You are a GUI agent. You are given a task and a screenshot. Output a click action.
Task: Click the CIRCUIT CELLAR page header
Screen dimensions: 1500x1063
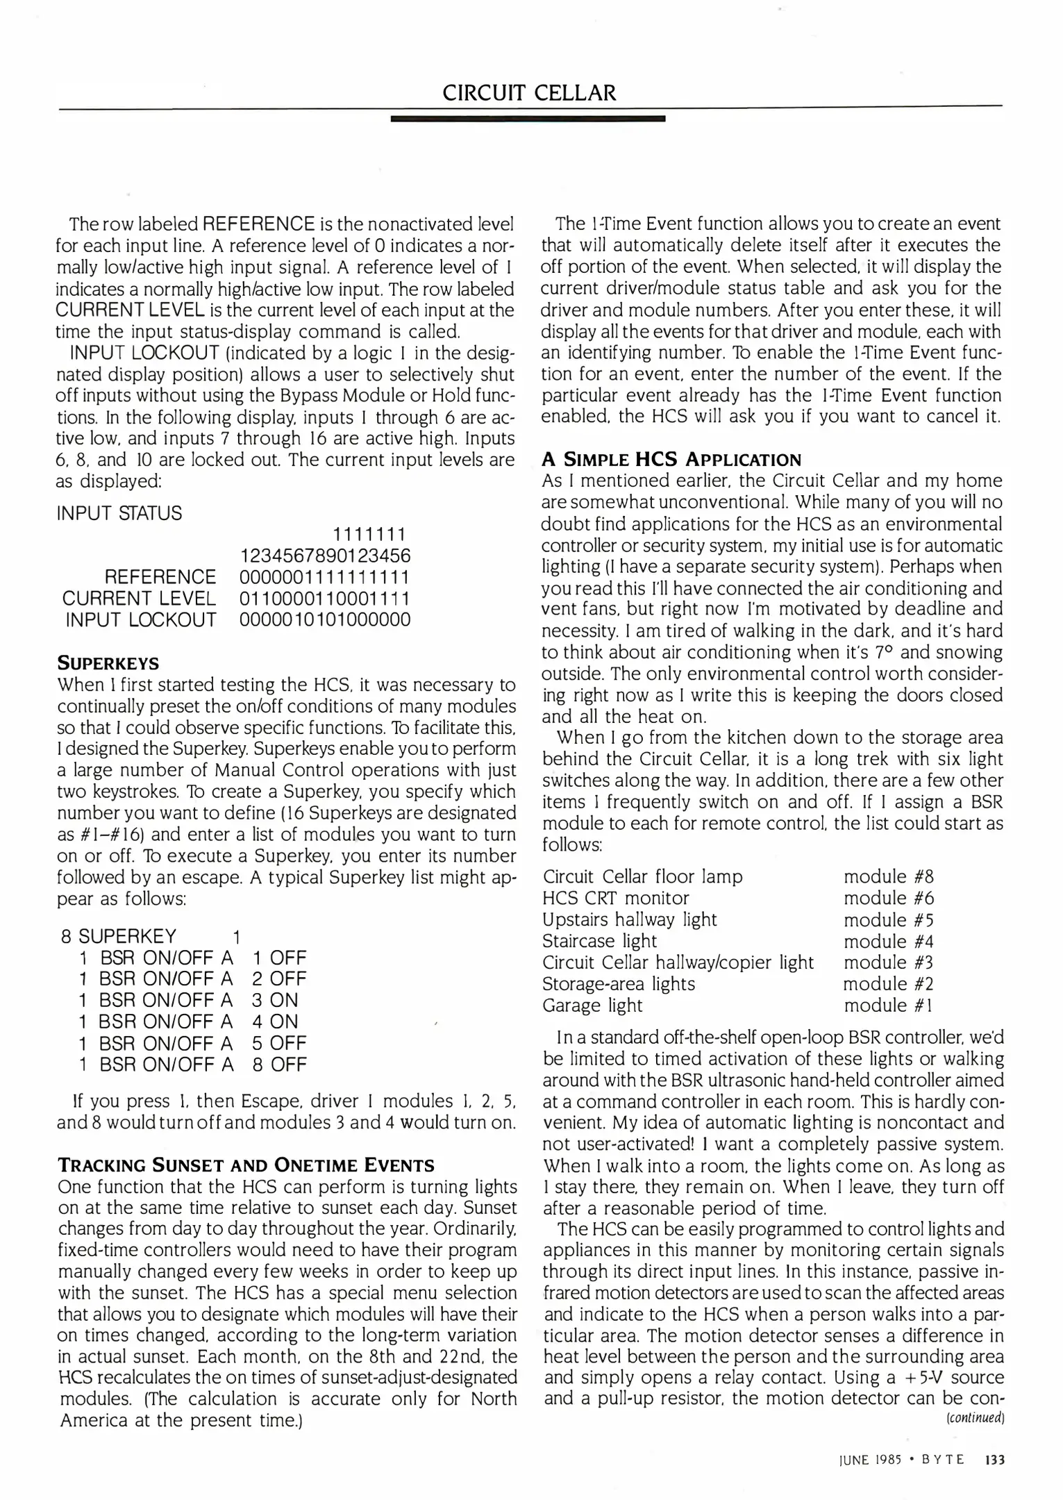(529, 93)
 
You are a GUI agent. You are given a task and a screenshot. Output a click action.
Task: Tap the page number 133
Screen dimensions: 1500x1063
(995, 1460)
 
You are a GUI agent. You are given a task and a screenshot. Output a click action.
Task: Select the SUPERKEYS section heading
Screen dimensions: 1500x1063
(108, 662)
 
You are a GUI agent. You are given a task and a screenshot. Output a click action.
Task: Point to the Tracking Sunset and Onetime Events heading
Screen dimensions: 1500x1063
(246, 1165)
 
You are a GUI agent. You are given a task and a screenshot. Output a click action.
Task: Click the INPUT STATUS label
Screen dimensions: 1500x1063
(119, 513)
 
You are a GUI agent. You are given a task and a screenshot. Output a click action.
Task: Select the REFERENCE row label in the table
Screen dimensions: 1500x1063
(160, 577)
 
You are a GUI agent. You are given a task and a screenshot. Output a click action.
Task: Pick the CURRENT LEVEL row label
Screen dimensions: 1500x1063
(139, 598)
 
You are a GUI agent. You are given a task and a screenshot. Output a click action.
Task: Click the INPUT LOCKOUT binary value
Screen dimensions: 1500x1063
(325, 619)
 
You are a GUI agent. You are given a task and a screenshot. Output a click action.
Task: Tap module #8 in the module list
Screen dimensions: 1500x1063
(889, 876)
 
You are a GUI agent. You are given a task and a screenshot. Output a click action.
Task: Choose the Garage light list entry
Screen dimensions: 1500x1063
(592, 1005)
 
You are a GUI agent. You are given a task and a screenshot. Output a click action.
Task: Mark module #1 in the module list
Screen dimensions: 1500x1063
(887, 1005)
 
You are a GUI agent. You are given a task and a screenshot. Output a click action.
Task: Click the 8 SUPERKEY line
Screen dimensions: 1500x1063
(150, 936)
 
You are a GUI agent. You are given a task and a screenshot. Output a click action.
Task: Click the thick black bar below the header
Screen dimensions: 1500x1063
(528, 119)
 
